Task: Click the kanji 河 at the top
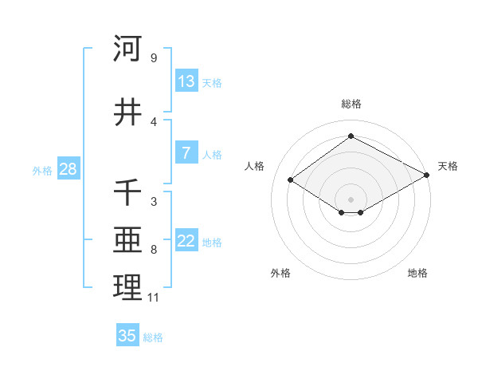click(127, 49)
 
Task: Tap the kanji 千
click(127, 192)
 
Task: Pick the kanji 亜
click(127, 240)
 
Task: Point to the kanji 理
click(127, 288)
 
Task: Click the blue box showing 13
click(186, 81)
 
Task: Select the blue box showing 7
click(186, 153)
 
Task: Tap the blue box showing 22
click(186, 241)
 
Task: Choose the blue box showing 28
click(68, 169)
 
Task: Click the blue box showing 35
click(127, 336)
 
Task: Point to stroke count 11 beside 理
click(153, 298)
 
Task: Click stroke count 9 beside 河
click(153, 58)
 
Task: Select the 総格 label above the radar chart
click(351, 104)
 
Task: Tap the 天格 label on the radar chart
click(448, 166)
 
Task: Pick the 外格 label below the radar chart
click(280, 273)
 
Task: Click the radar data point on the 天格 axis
click(427, 175)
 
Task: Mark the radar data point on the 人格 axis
click(291, 180)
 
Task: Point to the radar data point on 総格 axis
click(351, 136)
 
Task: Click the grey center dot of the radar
click(351, 199)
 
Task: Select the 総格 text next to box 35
click(153, 337)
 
